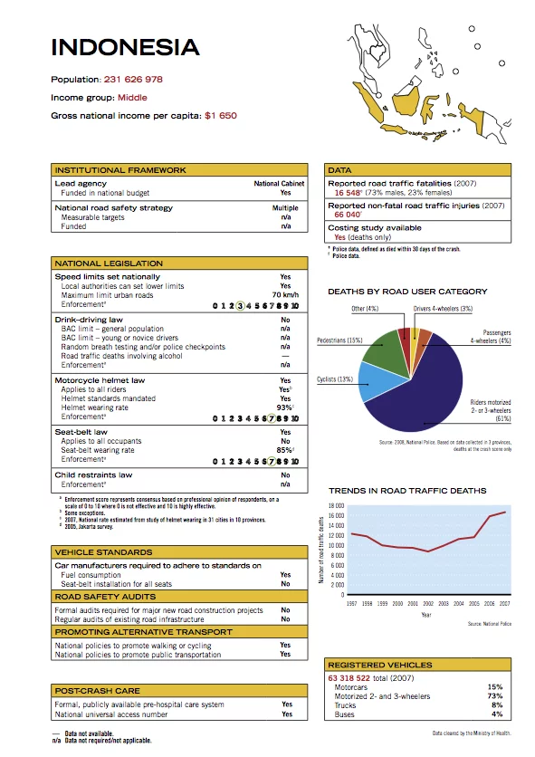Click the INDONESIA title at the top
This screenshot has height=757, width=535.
click(x=125, y=48)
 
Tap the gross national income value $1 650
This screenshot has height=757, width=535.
click(x=221, y=116)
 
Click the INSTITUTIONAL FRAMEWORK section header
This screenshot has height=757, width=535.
click(x=120, y=170)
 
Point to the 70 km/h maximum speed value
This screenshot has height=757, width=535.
click(x=285, y=295)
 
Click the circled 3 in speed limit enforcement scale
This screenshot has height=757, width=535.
click(x=238, y=306)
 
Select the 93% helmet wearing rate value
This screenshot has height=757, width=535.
click(x=284, y=407)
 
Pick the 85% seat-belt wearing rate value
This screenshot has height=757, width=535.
click(x=284, y=450)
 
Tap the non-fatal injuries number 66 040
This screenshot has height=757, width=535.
click(x=347, y=215)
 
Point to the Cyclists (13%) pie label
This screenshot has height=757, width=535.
click(x=335, y=379)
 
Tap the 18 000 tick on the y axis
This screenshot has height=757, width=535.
click(x=336, y=506)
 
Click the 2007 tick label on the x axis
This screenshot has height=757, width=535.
click(x=504, y=603)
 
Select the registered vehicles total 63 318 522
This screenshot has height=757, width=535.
click(x=358, y=676)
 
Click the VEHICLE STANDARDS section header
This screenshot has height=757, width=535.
click(x=104, y=551)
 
